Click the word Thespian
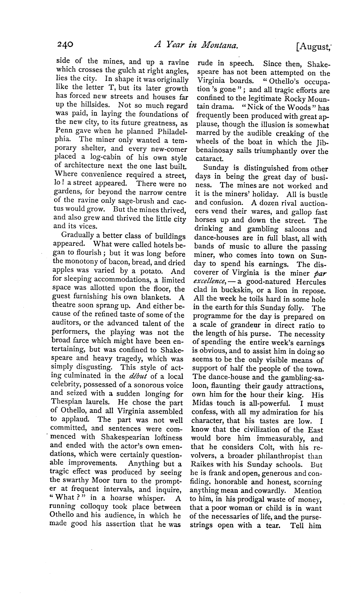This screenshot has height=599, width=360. pyautogui.click(x=68, y=402)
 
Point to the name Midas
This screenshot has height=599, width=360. pyautogui.click(x=203, y=404)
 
